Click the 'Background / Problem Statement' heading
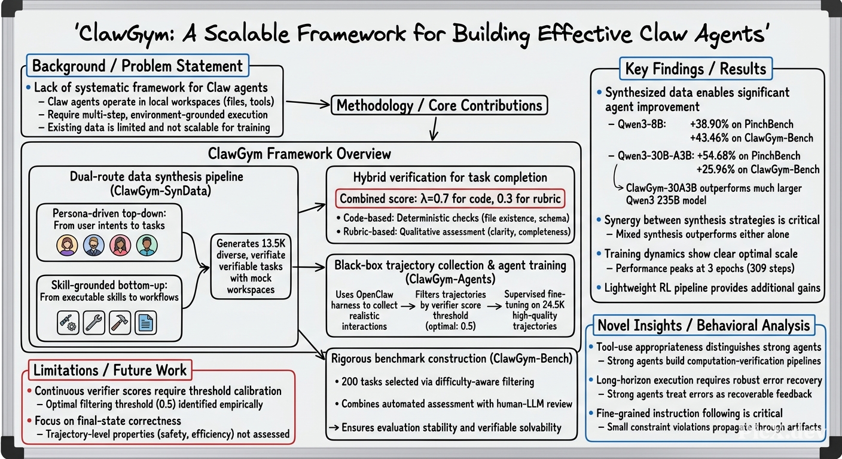coord(137,66)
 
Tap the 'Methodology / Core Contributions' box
coord(439,106)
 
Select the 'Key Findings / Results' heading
coord(695,69)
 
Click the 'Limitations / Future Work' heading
coord(110,371)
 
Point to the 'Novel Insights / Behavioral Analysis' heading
coord(704,325)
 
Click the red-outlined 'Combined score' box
coord(450,198)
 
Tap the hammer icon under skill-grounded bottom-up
coord(120,323)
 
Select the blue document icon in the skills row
coord(145,323)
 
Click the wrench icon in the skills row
coord(94,323)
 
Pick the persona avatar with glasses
coord(94,245)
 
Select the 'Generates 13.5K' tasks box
coord(251,267)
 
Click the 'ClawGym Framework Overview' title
coord(299,154)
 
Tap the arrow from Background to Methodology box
coord(308,103)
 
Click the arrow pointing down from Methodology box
coord(435,128)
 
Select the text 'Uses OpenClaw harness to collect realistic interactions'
coord(364,310)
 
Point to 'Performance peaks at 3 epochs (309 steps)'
coord(705,268)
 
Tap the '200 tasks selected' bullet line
coord(435,382)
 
